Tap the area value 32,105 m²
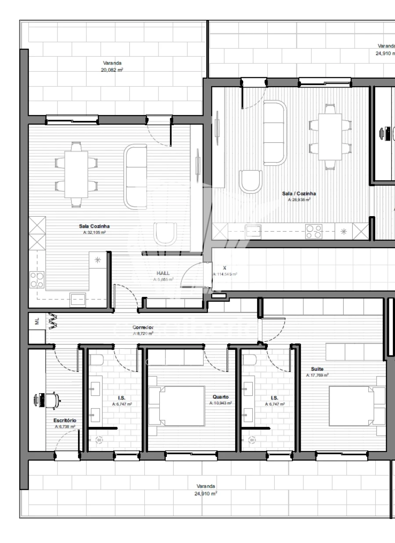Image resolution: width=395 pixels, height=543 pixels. pyautogui.click(x=94, y=233)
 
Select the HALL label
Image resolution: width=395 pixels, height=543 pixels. pyautogui.click(x=163, y=273)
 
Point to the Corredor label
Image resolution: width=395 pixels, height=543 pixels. pyautogui.click(x=143, y=328)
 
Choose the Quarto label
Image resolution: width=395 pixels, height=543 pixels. pyautogui.click(x=220, y=397)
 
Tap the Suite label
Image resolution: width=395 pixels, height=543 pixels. pyautogui.click(x=317, y=369)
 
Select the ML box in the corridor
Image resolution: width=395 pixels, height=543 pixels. pyautogui.click(x=37, y=321)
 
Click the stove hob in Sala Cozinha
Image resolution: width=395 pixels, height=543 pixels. pyautogui.click(x=37, y=279)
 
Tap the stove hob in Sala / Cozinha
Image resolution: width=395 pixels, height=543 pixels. pyautogui.click(x=314, y=231)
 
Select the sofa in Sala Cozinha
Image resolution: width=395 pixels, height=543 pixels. pyautogui.click(x=136, y=177)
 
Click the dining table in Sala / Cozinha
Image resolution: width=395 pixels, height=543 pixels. pyautogui.click(x=330, y=137)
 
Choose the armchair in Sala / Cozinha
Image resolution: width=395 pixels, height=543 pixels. pyautogui.click(x=250, y=181)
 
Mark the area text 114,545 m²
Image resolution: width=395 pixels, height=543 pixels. pyautogui.click(x=225, y=274)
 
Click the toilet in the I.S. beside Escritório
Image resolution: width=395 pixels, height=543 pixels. pyautogui.click(x=97, y=360)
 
